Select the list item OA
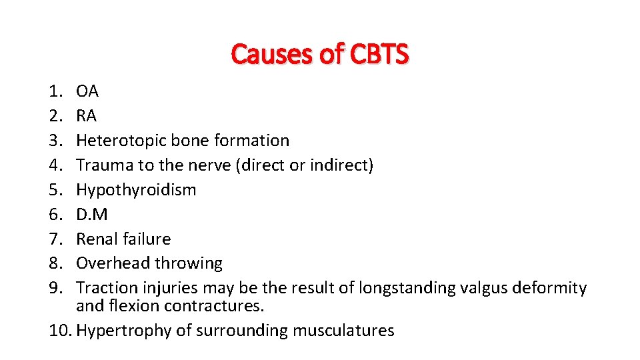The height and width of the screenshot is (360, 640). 87,91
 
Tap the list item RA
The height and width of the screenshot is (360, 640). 87,116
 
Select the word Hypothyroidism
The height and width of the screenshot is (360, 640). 136,190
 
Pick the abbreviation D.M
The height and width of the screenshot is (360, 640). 92,215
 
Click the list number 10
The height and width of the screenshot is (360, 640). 60,331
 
